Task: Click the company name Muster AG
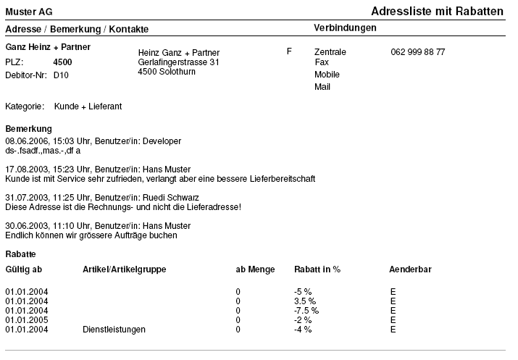(x=28, y=12)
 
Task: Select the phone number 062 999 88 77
(x=417, y=52)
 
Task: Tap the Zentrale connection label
(x=330, y=52)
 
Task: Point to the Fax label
(x=322, y=62)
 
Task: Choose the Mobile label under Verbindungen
(x=327, y=75)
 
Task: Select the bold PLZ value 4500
(x=63, y=62)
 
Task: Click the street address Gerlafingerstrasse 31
(x=178, y=62)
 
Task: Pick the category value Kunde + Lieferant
(x=88, y=106)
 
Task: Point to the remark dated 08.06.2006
(x=93, y=141)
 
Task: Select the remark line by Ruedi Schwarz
(x=101, y=197)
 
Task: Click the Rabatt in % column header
(x=317, y=269)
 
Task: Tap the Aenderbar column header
(x=410, y=269)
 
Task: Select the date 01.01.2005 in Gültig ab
(x=27, y=319)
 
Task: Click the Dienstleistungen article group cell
(x=114, y=330)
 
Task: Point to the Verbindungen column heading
(x=345, y=28)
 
